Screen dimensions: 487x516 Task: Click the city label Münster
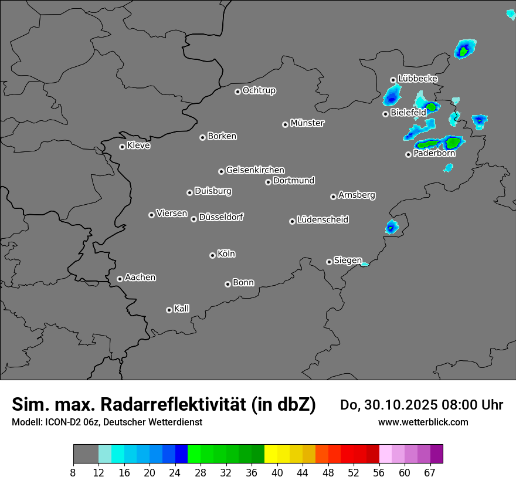pos(307,123)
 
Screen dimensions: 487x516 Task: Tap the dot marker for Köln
pos(212,255)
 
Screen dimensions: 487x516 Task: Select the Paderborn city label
pos(434,154)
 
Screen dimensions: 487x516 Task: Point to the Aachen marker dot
pos(120,279)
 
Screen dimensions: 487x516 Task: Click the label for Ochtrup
pos(259,90)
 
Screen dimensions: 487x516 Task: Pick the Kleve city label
pos(138,146)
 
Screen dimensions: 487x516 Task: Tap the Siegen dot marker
pos(329,262)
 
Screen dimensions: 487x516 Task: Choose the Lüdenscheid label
pos(322,220)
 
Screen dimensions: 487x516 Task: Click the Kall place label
pos(182,309)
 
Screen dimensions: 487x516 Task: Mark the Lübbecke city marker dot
pos(393,80)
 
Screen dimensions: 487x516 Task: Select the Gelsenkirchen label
pos(255,170)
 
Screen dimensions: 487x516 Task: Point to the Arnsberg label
pos(357,195)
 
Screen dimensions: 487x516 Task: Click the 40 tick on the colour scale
pos(277,473)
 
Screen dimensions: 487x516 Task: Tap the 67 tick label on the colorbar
pos(430,473)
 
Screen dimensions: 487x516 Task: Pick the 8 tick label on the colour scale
pos(73,473)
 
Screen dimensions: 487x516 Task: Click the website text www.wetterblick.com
pos(423,422)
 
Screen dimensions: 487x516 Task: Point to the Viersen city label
pos(172,214)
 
